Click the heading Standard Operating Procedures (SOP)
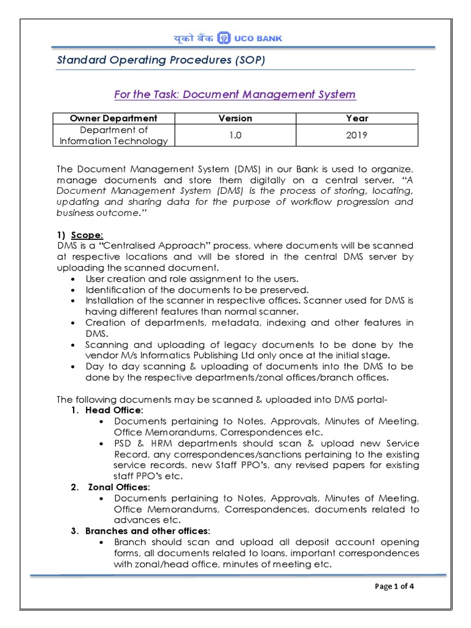(x=161, y=60)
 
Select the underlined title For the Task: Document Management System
(x=235, y=94)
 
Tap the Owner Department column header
(x=113, y=118)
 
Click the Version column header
(x=235, y=118)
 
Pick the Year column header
(x=356, y=118)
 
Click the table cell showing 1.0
(x=235, y=136)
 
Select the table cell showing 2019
(x=356, y=136)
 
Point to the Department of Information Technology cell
(x=113, y=136)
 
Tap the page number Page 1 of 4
(x=394, y=586)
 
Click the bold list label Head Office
(x=114, y=410)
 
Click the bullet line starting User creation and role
(x=192, y=278)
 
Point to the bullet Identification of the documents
(x=197, y=289)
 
